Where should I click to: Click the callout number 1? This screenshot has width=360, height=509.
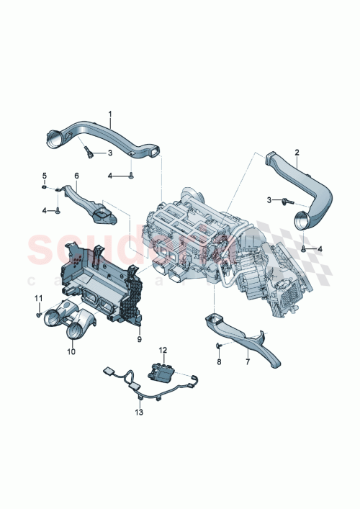click(111, 113)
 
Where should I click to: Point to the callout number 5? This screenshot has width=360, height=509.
click(43, 176)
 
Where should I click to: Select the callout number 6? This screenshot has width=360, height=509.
click(77, 176)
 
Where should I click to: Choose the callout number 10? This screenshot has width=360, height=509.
click(71, 352)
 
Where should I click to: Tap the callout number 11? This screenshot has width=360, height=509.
click(40, 298)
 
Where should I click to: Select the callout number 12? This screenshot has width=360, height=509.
click(163, 350)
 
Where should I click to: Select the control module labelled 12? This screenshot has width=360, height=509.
click(163, 370)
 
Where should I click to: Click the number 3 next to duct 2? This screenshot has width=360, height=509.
click(269, 199)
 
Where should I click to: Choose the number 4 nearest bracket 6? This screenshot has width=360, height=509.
click(44, 210)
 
